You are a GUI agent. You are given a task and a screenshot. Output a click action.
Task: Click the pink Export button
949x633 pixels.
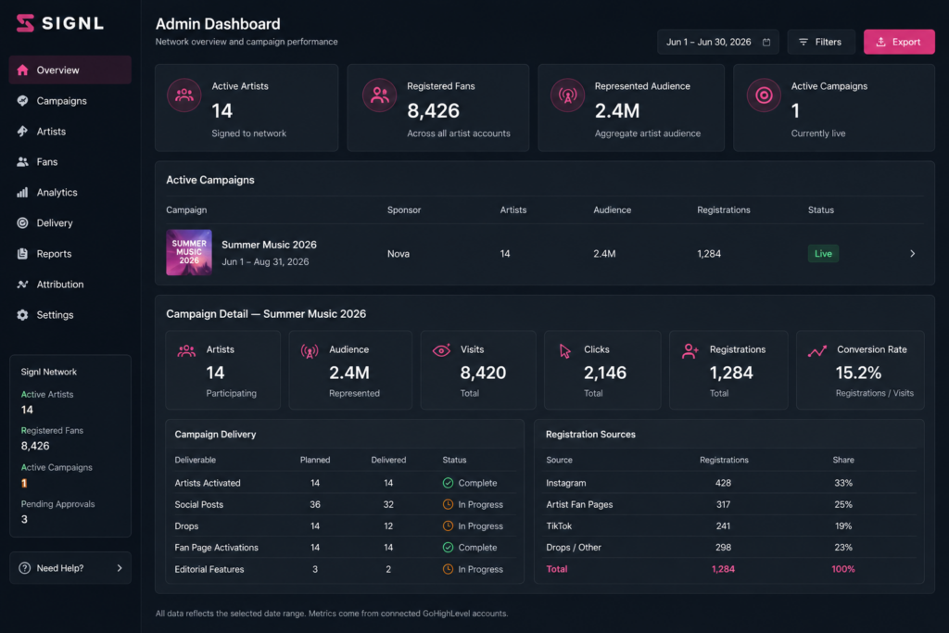899,42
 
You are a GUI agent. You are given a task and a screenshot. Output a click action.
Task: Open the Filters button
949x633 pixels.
821,42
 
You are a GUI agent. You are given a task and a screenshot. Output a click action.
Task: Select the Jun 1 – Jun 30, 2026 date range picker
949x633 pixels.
718,42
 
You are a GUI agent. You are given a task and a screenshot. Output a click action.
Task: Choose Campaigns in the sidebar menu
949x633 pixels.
61,100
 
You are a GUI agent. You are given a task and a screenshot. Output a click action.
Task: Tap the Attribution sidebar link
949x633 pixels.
60,284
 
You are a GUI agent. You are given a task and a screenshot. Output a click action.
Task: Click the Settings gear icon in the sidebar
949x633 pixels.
22,315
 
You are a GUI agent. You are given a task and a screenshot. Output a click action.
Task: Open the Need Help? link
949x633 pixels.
70,567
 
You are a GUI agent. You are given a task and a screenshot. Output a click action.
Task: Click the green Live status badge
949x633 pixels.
823,254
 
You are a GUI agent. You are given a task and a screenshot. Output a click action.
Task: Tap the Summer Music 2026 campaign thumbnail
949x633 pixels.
189,252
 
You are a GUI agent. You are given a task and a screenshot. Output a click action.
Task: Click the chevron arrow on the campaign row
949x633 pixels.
913,254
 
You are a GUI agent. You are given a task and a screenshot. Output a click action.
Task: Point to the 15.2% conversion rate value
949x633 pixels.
858,373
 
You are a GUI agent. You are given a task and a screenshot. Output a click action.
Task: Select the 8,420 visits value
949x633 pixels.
483,373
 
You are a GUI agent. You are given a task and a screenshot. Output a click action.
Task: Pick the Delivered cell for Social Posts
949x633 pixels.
388,504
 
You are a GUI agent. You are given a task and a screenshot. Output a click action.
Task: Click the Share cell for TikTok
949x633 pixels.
843,525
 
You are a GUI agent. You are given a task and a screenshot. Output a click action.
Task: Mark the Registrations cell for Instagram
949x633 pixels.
723,483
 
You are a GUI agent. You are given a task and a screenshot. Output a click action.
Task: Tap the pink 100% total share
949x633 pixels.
843,569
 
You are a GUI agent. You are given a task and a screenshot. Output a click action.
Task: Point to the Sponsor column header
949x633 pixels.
404,210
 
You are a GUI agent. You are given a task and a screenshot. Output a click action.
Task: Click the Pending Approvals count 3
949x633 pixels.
24,519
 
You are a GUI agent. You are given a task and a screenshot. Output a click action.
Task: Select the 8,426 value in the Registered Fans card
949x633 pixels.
434,110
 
